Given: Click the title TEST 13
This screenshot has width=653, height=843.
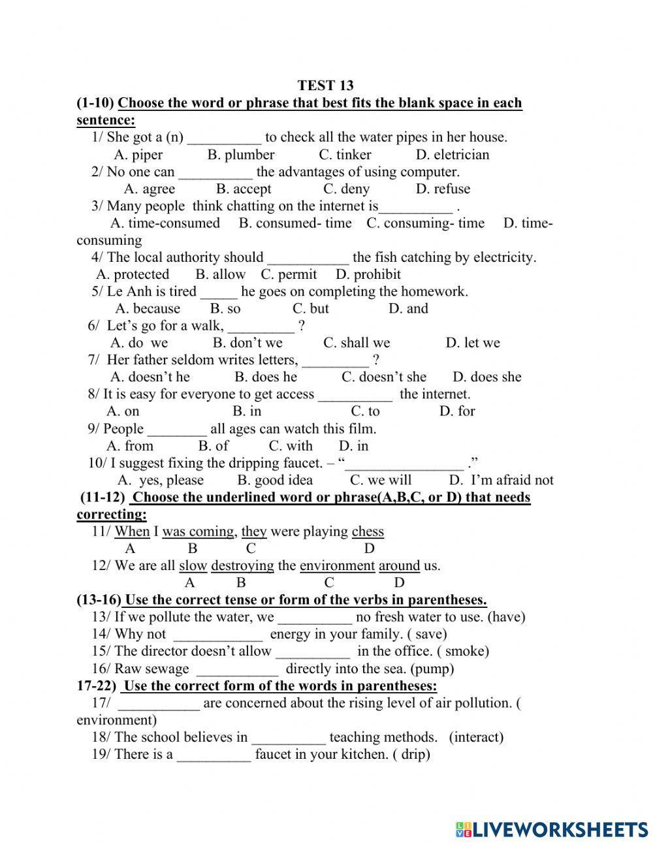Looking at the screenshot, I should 325,86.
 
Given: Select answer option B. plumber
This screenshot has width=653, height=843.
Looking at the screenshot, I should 241,155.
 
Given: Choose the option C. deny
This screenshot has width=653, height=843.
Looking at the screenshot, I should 346,189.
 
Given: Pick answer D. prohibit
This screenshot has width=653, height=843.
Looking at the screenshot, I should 368,274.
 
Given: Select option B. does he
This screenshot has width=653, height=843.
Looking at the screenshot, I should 266,377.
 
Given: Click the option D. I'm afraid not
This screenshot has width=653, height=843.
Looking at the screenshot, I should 501,480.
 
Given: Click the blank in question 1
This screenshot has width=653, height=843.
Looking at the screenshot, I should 224,138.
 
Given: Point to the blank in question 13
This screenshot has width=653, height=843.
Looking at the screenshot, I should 315,617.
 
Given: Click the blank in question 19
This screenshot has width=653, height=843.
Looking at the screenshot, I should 214,755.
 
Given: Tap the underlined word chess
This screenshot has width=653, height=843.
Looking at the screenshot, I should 368,532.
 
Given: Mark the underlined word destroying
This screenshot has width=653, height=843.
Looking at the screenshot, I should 242,565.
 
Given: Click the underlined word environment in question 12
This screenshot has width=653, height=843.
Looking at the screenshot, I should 337,565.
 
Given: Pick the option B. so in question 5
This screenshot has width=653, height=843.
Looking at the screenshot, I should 225,308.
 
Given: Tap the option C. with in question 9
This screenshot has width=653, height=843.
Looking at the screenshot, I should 291,446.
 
